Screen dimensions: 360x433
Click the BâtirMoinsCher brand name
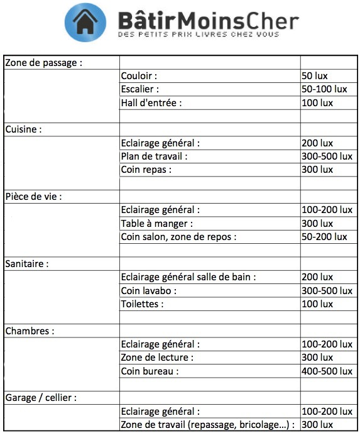tap(208, 19)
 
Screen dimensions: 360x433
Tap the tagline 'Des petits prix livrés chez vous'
tap(199, 34)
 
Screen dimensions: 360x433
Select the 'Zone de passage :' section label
tap(44, 62)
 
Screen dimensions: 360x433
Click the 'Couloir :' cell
tap(139, 76)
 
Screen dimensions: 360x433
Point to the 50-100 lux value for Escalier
tap(324, 89)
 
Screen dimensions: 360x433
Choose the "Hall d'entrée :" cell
tap(151, 103)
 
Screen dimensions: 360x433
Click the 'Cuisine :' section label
tap(24, 129)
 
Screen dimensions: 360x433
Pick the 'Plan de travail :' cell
tap(154, 156)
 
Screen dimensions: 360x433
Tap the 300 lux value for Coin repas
tap(317, 170)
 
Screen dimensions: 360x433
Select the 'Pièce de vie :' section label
tap(34, 197)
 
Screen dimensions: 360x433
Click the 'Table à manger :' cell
tap(156, 223)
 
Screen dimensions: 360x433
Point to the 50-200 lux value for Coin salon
tap(324, 237)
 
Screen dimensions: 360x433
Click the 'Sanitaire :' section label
tap(27, 264)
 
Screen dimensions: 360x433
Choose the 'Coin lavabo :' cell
tap(149, 290)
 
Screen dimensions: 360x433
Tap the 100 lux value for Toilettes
tap(317, 304)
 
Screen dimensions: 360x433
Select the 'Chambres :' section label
tap(30, 331)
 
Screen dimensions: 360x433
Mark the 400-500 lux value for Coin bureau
tap(327, 371)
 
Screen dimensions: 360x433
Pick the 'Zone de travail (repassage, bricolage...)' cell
tap(207, 425)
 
